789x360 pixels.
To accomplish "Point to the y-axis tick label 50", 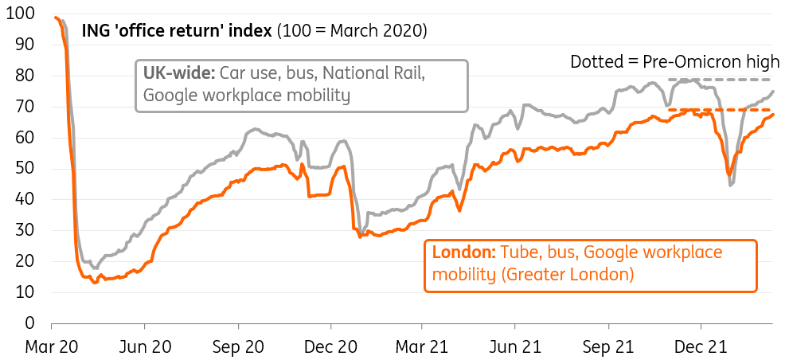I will [25, 168].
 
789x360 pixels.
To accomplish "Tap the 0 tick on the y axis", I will [29, 323].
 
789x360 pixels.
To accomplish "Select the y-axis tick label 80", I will [25, 76].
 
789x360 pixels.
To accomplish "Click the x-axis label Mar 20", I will [51, 347].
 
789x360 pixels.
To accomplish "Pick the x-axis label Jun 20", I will [144, 347].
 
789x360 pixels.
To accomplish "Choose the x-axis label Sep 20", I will [238, 347].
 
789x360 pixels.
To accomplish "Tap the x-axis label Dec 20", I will [331, 347].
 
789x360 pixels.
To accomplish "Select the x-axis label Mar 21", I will [423, 347].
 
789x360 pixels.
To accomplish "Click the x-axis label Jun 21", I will [516, 347].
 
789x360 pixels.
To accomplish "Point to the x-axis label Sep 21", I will [610, 347].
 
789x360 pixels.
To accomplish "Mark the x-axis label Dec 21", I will [703, 347].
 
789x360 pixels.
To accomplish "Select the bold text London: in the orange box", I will [464, 253].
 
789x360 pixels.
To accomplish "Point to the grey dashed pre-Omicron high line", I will [721, 80].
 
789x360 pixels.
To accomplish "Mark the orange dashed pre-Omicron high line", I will [721, 110].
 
